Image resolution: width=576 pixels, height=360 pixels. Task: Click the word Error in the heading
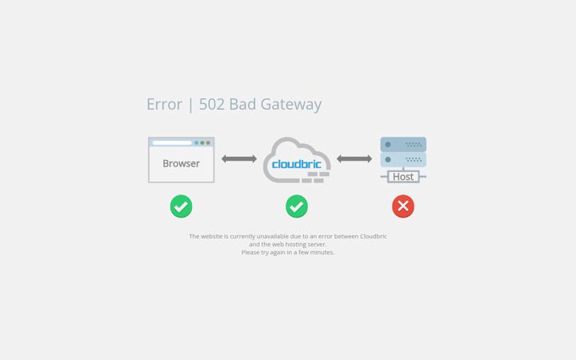(164, 104)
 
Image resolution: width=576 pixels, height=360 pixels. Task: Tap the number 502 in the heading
(211, 104)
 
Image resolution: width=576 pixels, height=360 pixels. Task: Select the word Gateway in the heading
(291, 105)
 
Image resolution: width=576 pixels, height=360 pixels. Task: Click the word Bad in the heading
(242, 104)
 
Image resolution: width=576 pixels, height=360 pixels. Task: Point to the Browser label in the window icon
(181, 163)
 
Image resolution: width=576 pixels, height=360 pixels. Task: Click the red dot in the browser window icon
(208, 142)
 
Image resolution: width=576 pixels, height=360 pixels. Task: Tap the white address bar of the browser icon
(172, 142)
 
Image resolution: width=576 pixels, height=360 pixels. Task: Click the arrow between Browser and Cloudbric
(239, 158)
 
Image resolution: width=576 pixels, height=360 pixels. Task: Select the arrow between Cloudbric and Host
(354, 158)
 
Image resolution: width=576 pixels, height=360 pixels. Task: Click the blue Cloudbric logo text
(297, 164)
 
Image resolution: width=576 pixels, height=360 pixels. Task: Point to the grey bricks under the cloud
(315, 177)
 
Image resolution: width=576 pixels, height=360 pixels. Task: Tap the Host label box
(403, 177)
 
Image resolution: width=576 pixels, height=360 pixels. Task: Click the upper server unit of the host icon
(403, 144)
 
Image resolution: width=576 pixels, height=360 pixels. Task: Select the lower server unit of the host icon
(403, 160)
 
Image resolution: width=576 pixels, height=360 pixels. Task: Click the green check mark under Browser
(181, 206)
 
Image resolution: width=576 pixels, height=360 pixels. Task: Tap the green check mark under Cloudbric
(297, 206)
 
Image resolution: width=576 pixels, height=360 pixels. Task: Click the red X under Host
(403, 206)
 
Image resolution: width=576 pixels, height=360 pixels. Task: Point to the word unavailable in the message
(273, 236)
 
